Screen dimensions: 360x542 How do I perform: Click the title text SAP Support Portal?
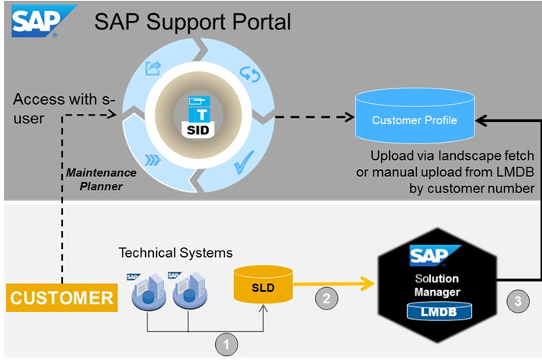click(193, 21)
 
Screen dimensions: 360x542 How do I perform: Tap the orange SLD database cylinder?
click(262, 286)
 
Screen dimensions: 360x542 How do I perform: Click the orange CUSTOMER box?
click(61, 297)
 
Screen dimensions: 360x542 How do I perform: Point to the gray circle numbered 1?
click(226, 341)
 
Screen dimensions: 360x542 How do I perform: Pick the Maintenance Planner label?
click(99, 178)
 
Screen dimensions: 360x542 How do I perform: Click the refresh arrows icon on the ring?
click(250, 74)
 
